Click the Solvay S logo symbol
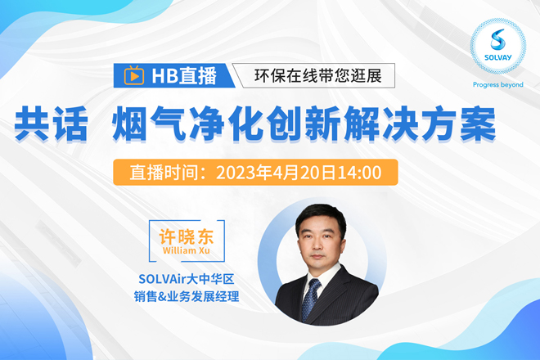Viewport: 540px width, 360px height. point(498,39)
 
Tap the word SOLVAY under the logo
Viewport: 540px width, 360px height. point(498,57)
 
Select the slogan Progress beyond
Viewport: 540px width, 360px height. point(498,85)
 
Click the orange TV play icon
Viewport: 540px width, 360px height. point(134,75)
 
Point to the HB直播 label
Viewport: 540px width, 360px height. point(184,76)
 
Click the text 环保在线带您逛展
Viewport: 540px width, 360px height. point(318,76)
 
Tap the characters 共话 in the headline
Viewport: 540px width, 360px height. point(51,124)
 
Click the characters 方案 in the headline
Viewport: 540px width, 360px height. point(459,124)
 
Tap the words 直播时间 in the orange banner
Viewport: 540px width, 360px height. point(164,173)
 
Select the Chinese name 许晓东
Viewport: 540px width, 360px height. point(187,236)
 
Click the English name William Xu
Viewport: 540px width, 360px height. point(187,250)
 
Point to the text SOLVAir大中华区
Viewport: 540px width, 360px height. point(187,279)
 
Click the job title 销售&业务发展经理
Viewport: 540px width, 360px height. point(187,296)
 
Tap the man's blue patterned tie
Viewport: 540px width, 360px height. point(310,299)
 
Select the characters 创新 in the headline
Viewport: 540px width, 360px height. point(304,124)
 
